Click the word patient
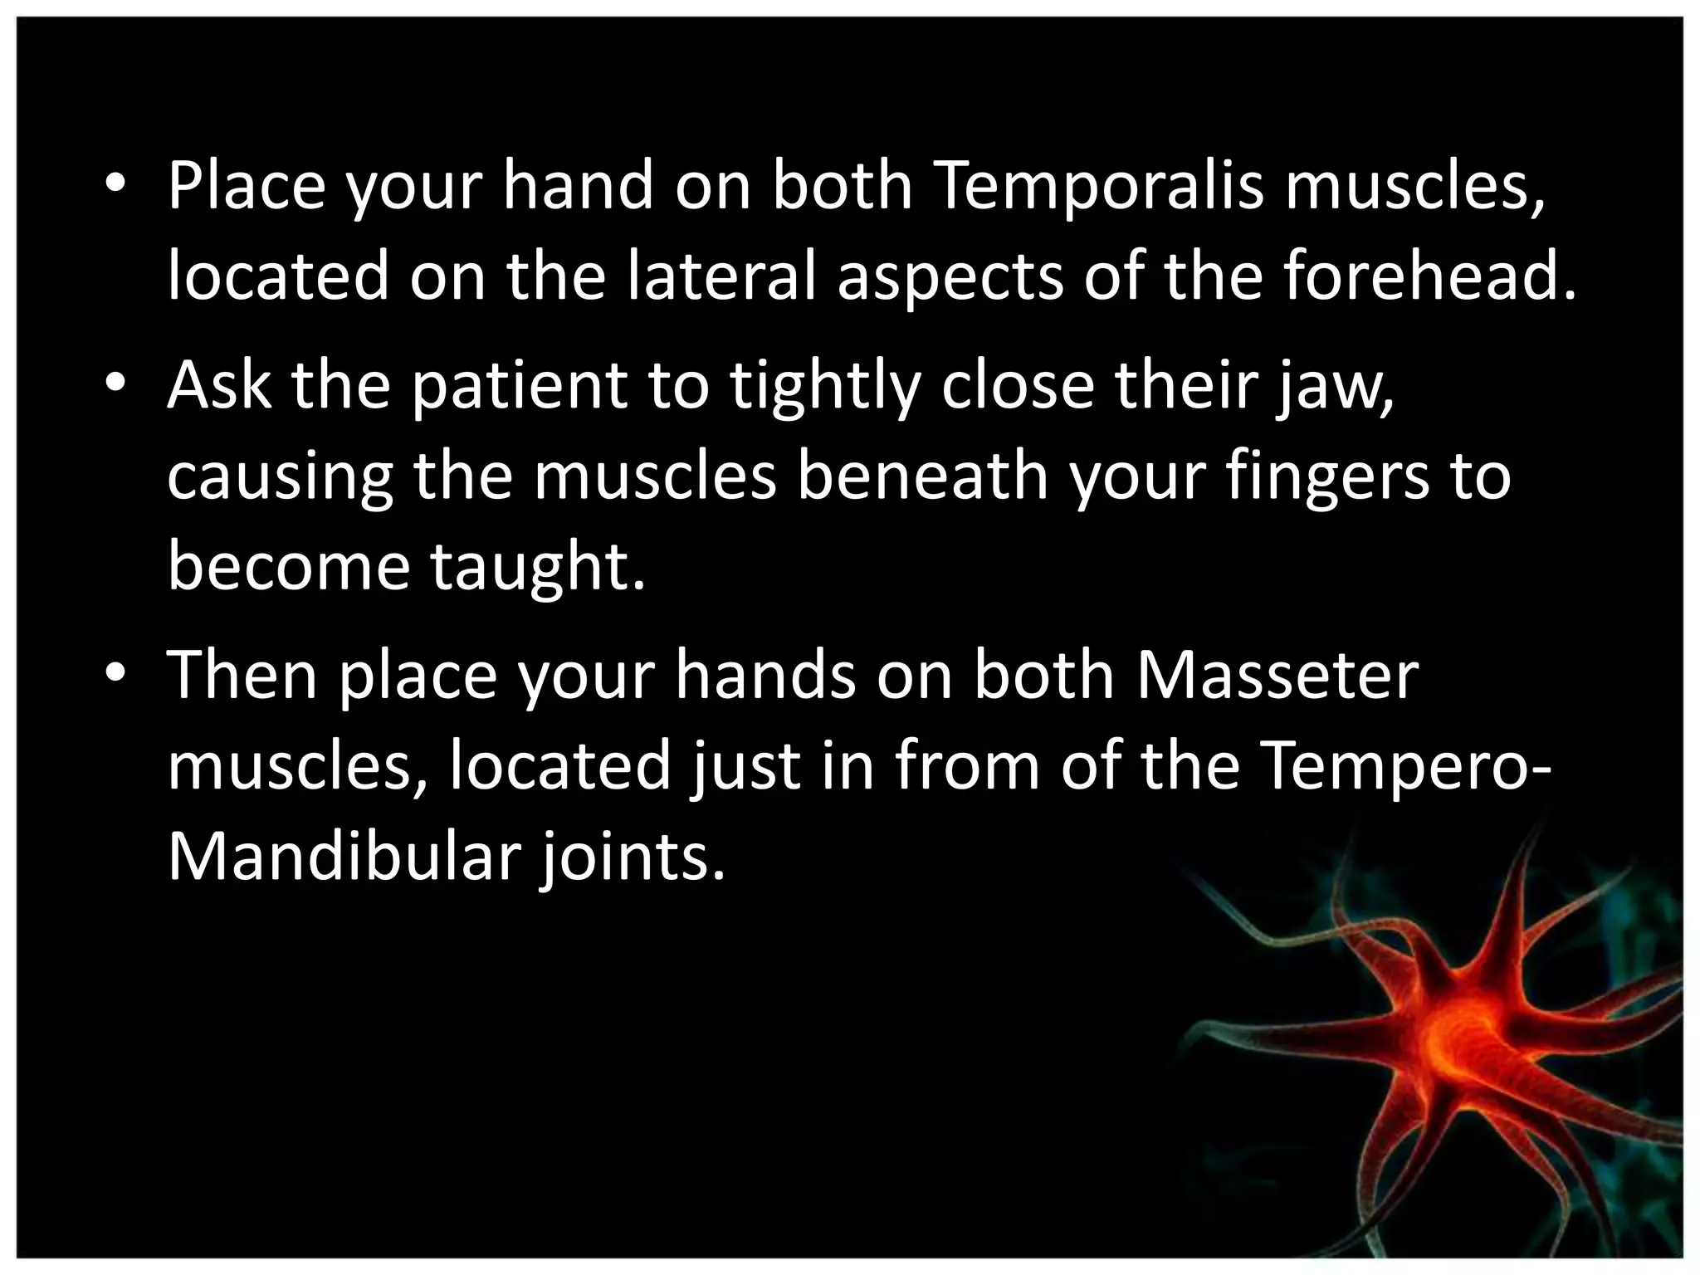coord(520,387)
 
